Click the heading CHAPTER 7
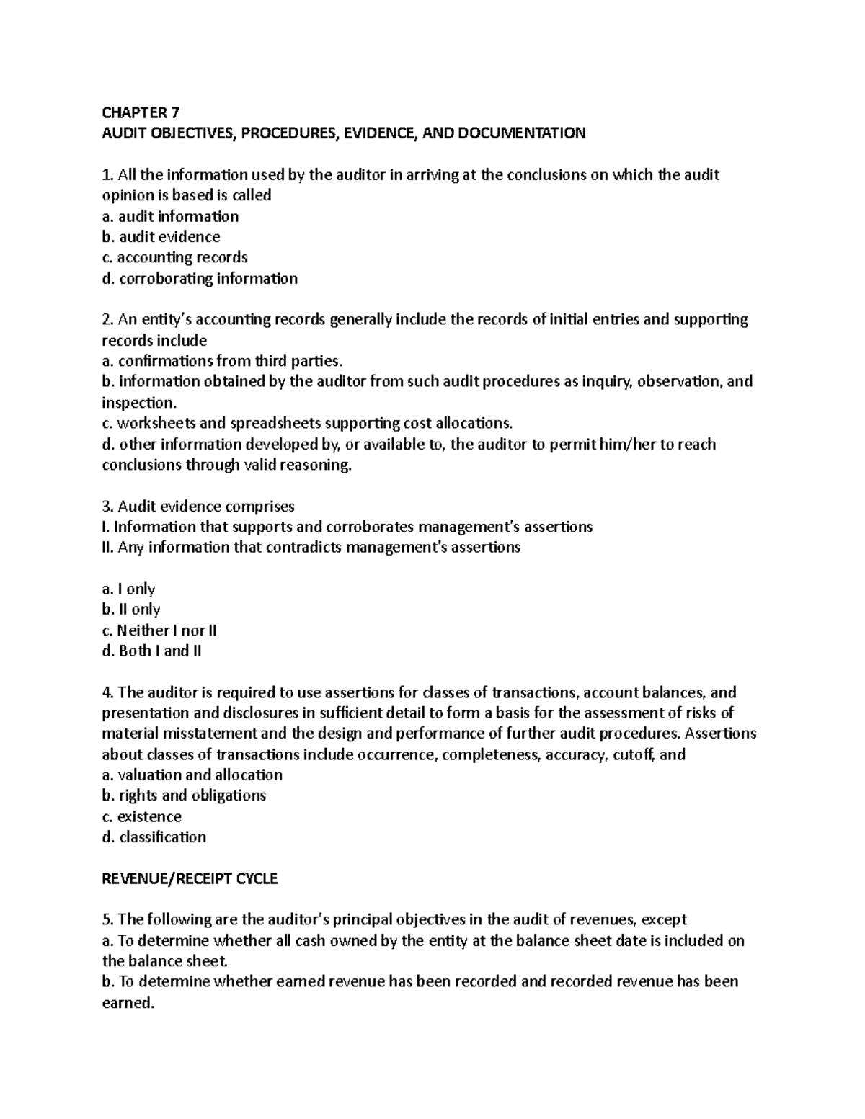pyautogui.click(x=141, y=112)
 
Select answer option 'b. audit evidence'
pyautogui.click(x=161, y=237)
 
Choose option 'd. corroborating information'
pyautogui.click(x=200, y=279)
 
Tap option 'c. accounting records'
pyautogui.click(x=174, y=257)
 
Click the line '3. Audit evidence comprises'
pyautogui.click(x=198, y=507)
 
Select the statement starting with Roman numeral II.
pyautogui.click(x=311, y=548)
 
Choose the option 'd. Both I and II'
pyautogui.click(x=151, y=651)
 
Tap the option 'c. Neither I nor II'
pyautogui.click(x=159, y=630)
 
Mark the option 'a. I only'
pyautogui.click(x=128, y=589)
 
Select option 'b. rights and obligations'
pyautogui.click(x=184, y=795)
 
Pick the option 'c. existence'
pyautogui.click(x=141, y=816)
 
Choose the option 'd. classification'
pyautogui.click(x=154, y=837)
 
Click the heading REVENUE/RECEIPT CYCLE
pyautogui.click(x=190, y=879)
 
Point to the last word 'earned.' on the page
pyautogui.click(x=128, y=1003)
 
